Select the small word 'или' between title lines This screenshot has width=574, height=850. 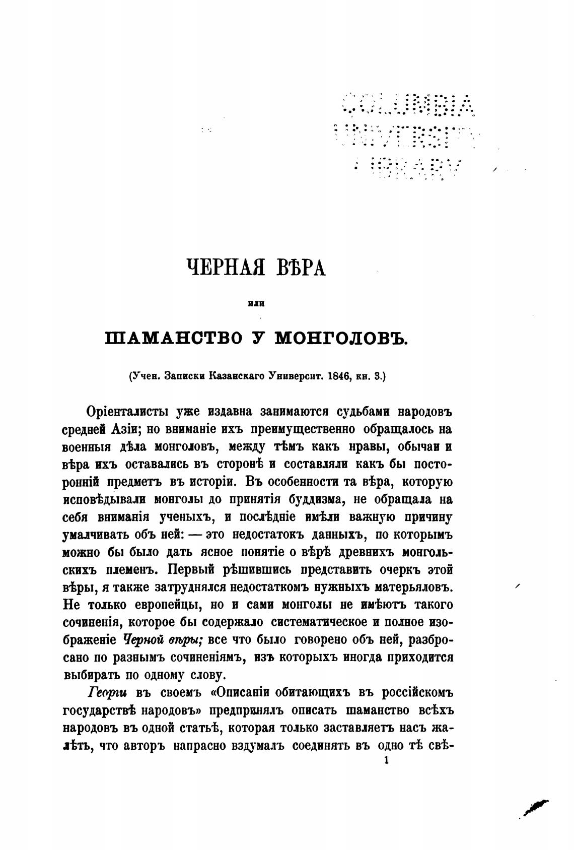pos(257,303)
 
